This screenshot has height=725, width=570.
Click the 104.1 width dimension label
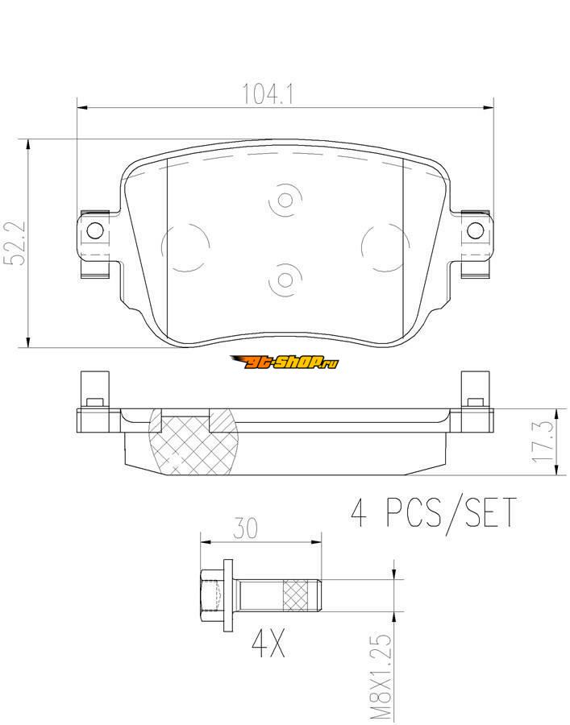(x=268, y=94)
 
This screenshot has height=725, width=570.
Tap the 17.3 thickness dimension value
(x=543, y=441)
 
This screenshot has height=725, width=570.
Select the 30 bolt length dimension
(x=245, y=528)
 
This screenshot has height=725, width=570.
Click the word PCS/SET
(x=451, y=513)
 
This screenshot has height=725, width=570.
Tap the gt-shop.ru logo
(x=285, y=362)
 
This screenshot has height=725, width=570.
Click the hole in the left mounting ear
(x=95, y=230)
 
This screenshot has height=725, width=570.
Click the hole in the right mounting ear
(x=475, y=230)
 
